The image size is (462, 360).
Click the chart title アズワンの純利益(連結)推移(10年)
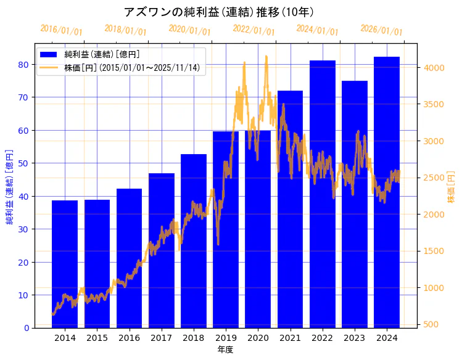219,12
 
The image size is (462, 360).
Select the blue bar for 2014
65,265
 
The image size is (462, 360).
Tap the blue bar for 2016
129,259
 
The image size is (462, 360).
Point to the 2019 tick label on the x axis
226,338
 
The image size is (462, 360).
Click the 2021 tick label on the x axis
290,338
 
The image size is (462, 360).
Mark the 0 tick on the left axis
27,328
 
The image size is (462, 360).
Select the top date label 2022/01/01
254,30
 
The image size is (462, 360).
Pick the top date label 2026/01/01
381,30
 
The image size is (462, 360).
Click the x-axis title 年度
225,350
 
